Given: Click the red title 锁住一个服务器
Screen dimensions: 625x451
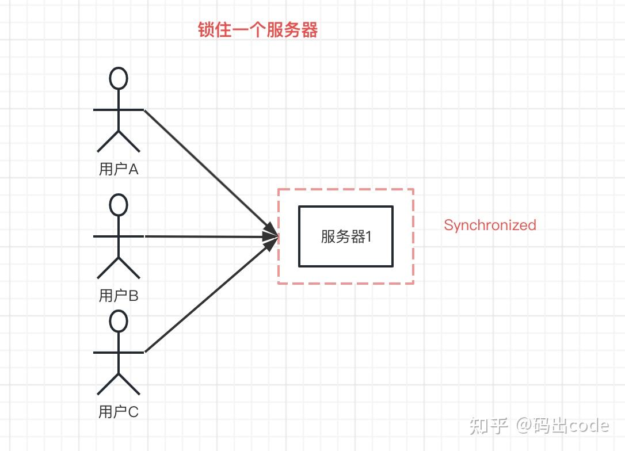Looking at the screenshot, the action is point(258,30).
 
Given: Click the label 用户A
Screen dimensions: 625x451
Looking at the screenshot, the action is point(119,169).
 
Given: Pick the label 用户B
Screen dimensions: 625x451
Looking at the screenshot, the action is point(119,296).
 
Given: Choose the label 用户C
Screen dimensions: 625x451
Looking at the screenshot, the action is point(119,411).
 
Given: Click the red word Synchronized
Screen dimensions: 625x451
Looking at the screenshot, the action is point(490,225).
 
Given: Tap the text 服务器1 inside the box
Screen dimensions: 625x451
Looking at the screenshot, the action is point(346,236).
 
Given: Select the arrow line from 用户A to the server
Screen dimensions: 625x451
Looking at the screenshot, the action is point(211,172).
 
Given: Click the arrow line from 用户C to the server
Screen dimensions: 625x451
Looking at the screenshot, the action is point(211,295).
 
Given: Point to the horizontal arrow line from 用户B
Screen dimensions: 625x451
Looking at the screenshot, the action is point(211,236).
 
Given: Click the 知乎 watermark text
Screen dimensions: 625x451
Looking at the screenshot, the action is point(489,426).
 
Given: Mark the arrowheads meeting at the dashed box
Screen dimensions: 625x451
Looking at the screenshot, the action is point(270,236).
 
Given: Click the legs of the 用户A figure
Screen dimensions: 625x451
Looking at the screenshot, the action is point(119,141).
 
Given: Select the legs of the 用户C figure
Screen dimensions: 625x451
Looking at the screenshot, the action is point(119,384).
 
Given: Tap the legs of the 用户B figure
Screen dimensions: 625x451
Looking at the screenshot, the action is point(119,267).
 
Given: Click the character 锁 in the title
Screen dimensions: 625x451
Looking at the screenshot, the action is point(206,30).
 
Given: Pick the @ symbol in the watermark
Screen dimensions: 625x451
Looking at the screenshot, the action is point(524,426).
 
